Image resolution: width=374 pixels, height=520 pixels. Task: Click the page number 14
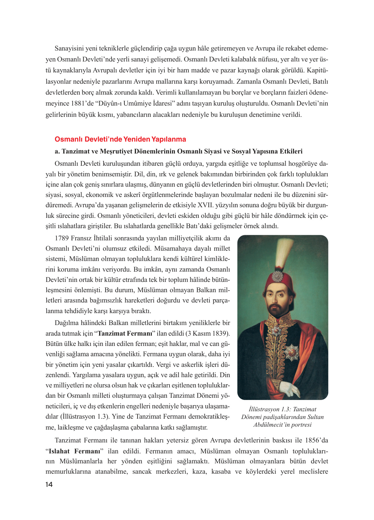click(x=49, y=485)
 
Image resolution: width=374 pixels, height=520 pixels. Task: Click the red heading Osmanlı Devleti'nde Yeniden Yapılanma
click(x=120, y=139)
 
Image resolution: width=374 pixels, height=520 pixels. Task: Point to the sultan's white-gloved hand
click(x=291, y=389)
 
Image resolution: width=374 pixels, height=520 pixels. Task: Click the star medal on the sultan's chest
click(x=293, y=352)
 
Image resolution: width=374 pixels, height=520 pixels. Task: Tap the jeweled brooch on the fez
click(x=277, y=276)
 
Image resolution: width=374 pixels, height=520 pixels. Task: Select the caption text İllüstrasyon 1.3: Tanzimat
click(x=282, y=409)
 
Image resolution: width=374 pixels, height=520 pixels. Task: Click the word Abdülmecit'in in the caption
click(x=271, y=425)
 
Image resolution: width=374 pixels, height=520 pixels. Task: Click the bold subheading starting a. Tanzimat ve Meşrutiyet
click(x=178, y=152)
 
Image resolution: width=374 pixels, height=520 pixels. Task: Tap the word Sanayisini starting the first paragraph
click(x=69, y=49)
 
